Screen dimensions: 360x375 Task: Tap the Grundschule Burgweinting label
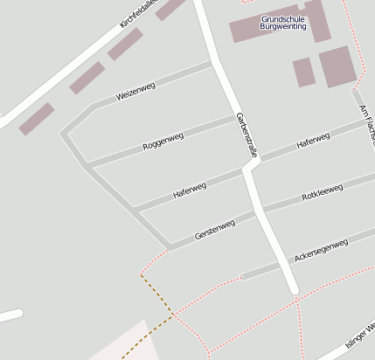[x=282, y=23]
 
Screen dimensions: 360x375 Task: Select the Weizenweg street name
[x=135, y=92]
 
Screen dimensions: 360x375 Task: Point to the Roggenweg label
[x=163, y=141]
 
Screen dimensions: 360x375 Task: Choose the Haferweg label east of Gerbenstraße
[x=313, y=141]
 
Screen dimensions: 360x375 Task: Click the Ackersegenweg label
[x=322, y=249]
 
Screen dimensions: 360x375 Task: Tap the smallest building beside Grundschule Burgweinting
[x=303, y=72]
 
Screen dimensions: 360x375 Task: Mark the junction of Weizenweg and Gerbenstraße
[x=212, y=64]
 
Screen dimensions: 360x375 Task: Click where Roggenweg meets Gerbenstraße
[x=236, y=116]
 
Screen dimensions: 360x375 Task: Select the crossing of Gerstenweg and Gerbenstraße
[x=263, y=211]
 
